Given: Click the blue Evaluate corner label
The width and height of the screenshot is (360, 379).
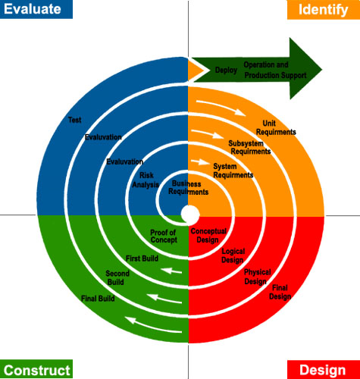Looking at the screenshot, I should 36,9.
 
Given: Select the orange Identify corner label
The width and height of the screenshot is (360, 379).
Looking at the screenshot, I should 324,10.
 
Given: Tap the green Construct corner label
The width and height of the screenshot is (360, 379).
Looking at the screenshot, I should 36,370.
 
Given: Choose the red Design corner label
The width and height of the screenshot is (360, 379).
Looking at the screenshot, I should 323,370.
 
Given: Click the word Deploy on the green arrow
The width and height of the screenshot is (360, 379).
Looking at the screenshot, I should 226,70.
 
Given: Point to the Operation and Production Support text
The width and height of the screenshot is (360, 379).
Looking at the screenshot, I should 274,70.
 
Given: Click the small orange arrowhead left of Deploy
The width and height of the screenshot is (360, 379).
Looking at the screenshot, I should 199,70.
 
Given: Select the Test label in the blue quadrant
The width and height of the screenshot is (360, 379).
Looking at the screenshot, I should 74,120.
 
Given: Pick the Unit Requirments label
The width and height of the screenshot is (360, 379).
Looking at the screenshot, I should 276,127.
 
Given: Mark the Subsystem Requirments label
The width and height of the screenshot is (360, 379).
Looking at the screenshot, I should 249,147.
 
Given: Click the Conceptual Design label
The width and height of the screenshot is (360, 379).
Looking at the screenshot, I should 208,235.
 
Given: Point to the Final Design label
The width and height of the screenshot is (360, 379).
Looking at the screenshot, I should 280,292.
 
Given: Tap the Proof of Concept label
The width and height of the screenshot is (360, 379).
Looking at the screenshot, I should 162,236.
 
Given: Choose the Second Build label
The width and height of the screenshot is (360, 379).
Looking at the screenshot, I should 117,277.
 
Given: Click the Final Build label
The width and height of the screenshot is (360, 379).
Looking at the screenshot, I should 98,299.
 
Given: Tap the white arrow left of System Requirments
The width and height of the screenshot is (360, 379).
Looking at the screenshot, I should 199,161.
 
